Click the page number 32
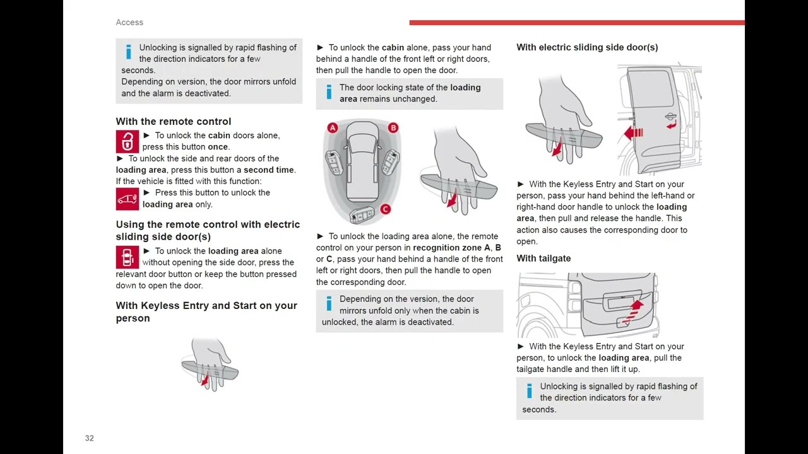(89, 438)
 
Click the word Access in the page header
(129, 22)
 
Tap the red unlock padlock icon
(127, 141)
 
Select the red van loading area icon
(127, 199)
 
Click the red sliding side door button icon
(127, 257)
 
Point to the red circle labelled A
(333, 128)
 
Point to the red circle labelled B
(393, 128)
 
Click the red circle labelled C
(385, 209)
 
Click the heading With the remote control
(173, 121)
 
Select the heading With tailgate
(544, 259)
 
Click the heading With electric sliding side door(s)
(587, 47)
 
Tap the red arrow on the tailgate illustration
(633, 310)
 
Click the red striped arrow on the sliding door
(633, 133)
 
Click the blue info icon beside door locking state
(328, 93)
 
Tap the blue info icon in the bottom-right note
(529, 392)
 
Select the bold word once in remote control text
(218, 147)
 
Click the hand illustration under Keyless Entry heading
(210, 364)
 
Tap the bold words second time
(268, 170)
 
